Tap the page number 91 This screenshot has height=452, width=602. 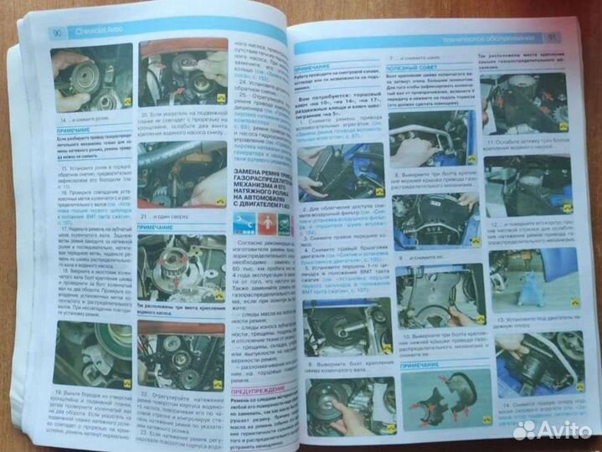pyautogui.click(x=553, y=38)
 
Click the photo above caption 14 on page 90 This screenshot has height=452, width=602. pyautogui.click(x=92, y=78)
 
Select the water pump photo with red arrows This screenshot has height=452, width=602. pyautogui.click(x=180, y=267)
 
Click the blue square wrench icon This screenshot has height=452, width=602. pyautogui.click(x=244, y=223)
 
